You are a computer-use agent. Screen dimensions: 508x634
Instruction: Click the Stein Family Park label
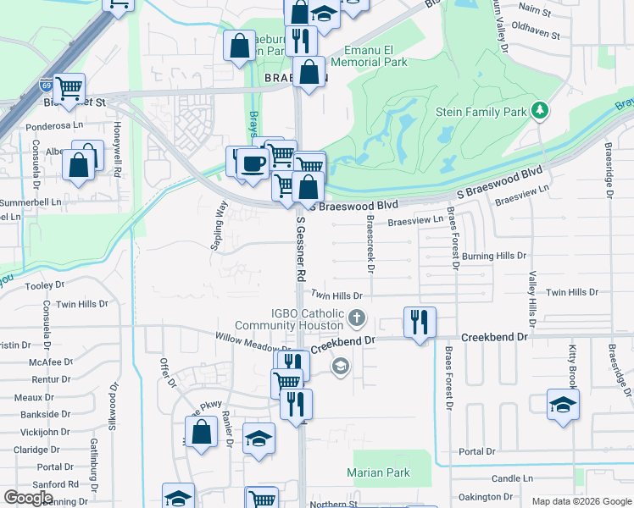[x=480, y=112]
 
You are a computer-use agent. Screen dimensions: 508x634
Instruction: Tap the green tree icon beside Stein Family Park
[x=538, y=111]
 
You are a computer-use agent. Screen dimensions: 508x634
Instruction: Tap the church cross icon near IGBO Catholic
[x=357, y=319]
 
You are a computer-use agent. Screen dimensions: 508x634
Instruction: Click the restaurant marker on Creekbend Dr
[x=420, y=323]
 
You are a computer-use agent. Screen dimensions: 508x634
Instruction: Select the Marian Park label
[x=378, y=473]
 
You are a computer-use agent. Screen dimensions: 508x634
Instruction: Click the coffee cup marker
[x=251, y=163]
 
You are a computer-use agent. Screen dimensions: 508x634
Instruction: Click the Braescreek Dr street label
[x=370, y=242]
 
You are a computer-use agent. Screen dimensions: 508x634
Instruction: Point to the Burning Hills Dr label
[x=494, y=256]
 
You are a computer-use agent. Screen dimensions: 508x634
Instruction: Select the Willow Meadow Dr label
[x=253, y=347]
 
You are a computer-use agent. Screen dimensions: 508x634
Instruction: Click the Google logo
[x=28, y=498]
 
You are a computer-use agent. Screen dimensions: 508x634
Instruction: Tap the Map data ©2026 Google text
[x=581, y=501]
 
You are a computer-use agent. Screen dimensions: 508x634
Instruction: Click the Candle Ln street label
[x=511, y=478]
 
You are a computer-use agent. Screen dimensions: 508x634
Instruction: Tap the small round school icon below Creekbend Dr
[x=340, y=367]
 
